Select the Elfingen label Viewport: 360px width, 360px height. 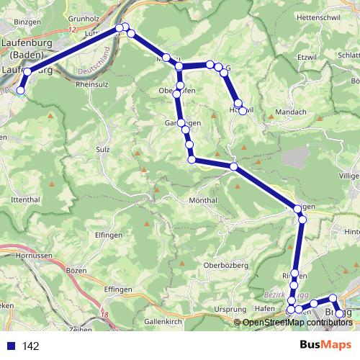click(107, 235)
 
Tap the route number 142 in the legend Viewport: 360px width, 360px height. click(31, 346)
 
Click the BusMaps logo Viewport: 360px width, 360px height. click(325, 345)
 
